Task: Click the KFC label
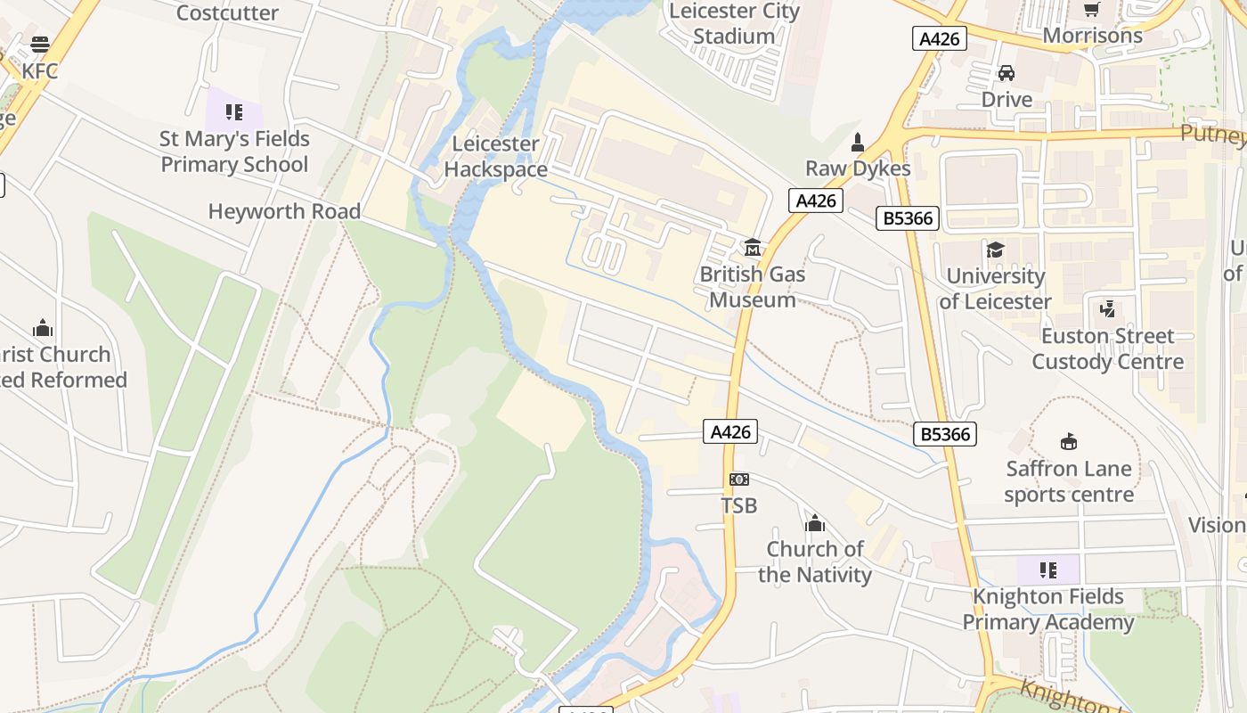click(40, 70)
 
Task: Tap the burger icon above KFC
click(40, 44)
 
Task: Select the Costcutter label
click(227, 12)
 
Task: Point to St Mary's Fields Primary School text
click(234, 152)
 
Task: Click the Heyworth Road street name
click(284, 211)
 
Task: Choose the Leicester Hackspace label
click(495, 156)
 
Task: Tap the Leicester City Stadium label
click(734, 23)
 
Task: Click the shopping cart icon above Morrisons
click(1092, 9)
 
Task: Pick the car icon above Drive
click(1007, 73)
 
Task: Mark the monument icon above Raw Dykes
click(858, 142)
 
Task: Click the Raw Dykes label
click(858, 168)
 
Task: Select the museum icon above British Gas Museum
click(753, 247)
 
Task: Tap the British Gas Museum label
click(753, 287)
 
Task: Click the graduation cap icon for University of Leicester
click(995, 250)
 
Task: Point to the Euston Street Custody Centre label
click(1108, 348)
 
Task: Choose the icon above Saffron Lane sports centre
click(1068, 441)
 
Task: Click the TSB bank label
click(739, 505)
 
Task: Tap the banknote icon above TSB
click(739, 479)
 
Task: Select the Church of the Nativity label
click(815, 561)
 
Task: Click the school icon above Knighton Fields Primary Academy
click(1048, 570)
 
